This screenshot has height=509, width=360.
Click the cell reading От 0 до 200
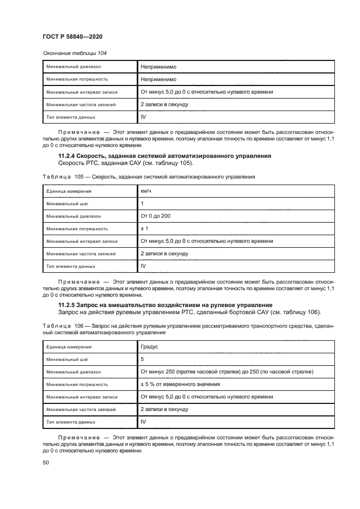[156, 216]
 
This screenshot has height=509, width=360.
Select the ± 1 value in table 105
[145, 229]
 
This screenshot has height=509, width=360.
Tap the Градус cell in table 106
[150, 346]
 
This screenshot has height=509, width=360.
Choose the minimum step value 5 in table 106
[143, 359]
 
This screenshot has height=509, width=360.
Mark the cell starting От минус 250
[226, 371]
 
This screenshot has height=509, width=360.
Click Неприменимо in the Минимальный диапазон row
[157, 66]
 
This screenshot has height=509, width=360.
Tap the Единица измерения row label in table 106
[69, 347]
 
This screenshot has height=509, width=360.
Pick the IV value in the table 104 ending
[144, 116]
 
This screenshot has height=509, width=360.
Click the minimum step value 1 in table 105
[143, 204]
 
